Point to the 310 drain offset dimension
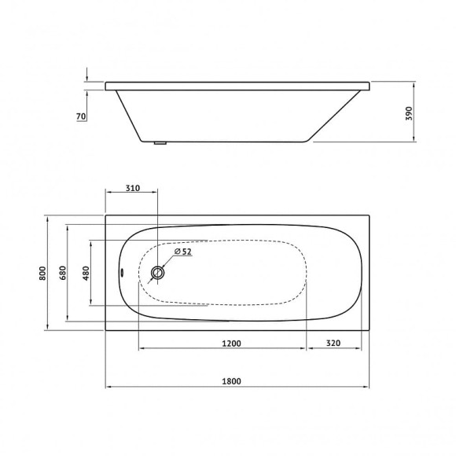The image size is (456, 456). pyautogui.click(x=132, y=189)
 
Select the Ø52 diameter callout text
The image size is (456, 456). pyautogui.click(x=182, y=252)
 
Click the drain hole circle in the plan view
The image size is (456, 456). pyautogui.click(x=158, y=273)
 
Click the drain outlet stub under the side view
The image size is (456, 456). pyautogui.click(x=160, y=143)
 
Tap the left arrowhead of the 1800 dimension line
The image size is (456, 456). pyautogui.click(x=108, y=386)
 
